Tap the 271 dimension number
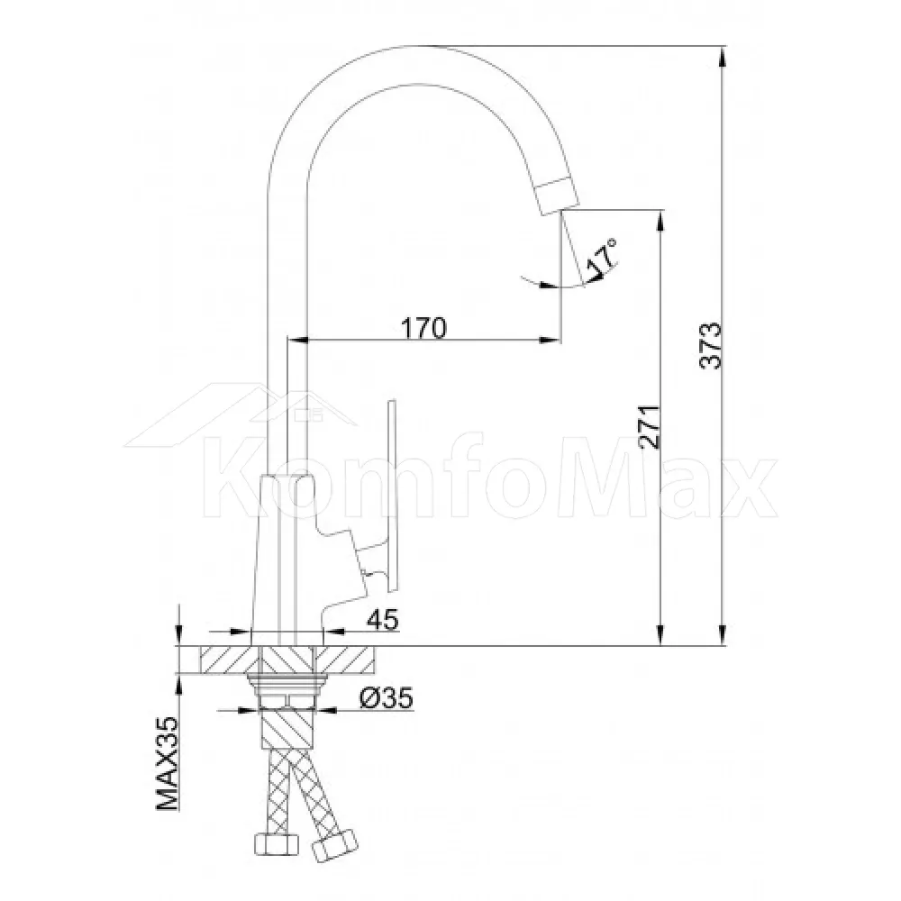pos(650,427)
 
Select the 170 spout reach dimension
pos(423,328)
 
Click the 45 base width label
pos(383,620)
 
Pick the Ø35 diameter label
pos(387,697)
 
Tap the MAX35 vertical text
pos(167,764)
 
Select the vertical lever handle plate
pos(393,496)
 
